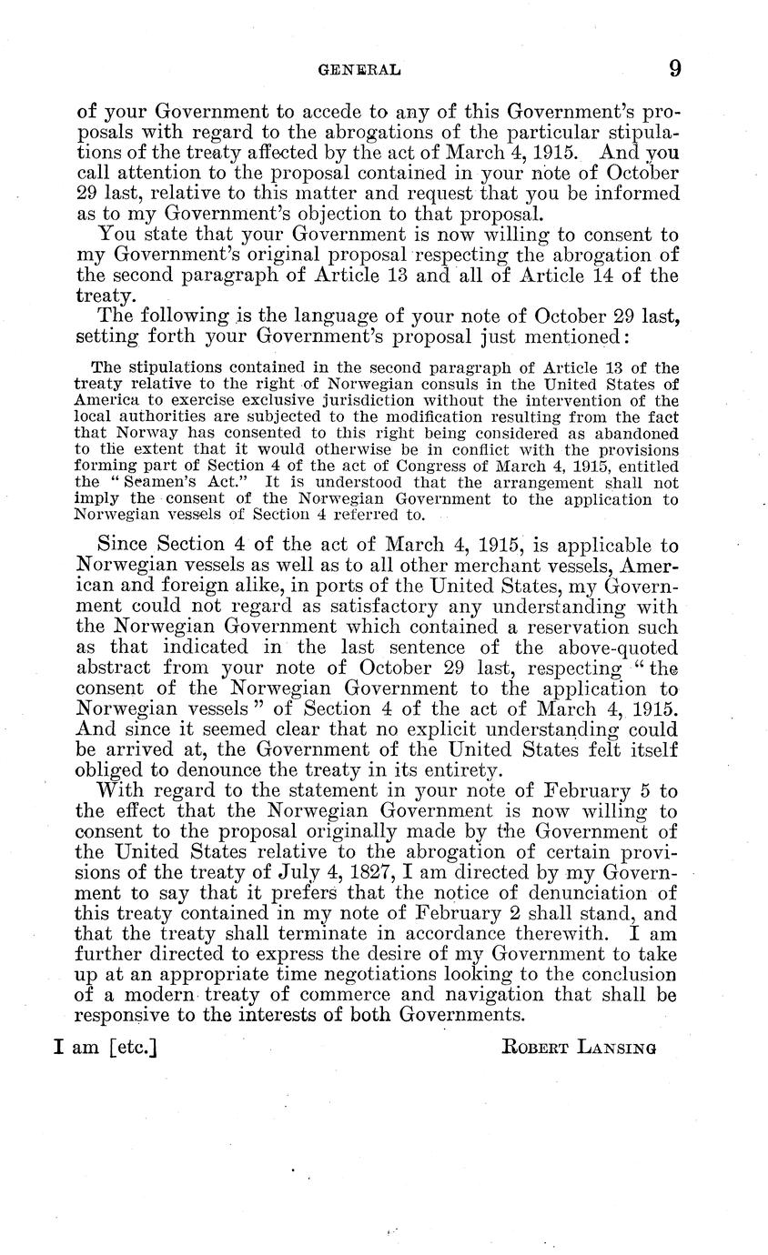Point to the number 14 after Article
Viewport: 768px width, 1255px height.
pyautogui.click(x=577, y=276)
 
